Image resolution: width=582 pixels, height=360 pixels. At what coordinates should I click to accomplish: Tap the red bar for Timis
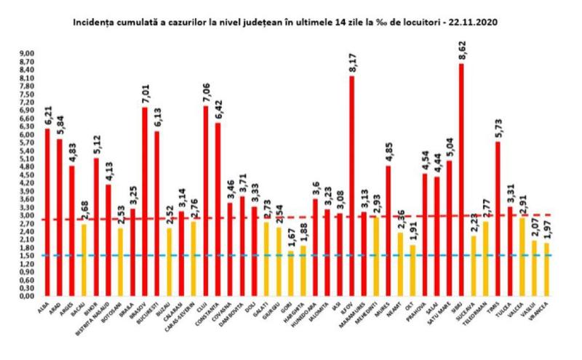[498, 219]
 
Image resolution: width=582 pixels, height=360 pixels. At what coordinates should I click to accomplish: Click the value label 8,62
[462, 52]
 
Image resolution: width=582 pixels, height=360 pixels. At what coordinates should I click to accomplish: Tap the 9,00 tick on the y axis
[27, 54]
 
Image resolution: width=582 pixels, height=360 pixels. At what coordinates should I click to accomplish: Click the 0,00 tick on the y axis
[27, 297]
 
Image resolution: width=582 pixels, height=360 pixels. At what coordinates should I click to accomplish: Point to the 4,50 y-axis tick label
[27, 175]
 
